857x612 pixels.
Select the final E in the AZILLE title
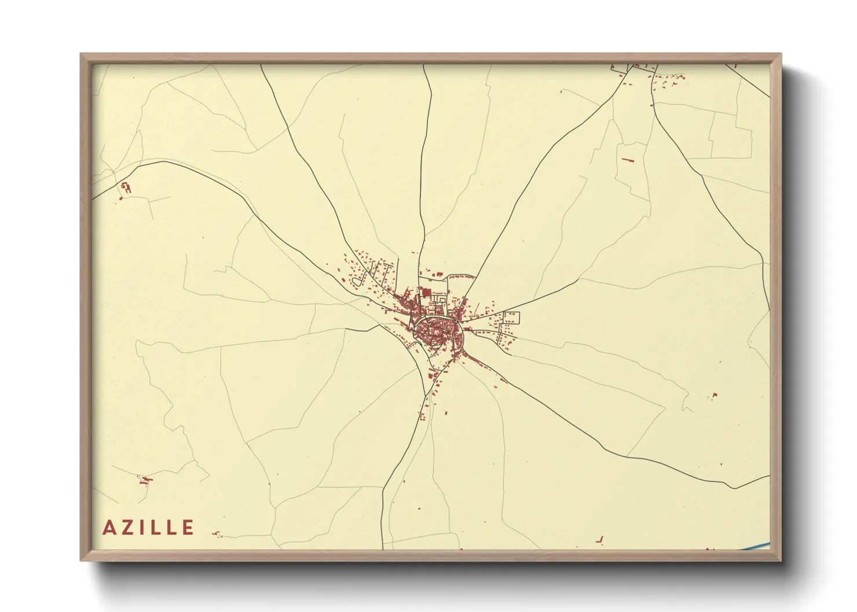(188, 528)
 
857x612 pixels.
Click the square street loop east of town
(511, 317)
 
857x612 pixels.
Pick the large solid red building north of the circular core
(427, 293)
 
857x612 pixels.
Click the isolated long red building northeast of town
(628, 160)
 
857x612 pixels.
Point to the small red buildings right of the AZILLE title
(217, 534)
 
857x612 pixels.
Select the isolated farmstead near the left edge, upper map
(125, 187)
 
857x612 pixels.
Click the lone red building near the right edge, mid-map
(715, 395)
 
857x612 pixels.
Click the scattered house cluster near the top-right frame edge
(666, 81)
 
